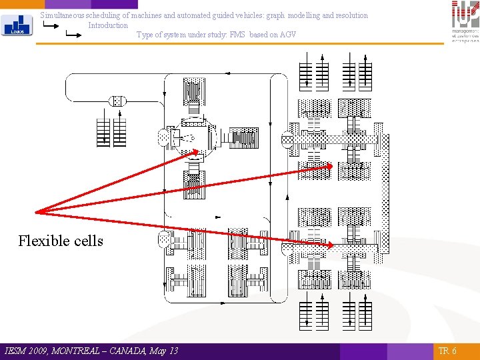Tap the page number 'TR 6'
447,351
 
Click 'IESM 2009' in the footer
24,351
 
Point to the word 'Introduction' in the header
108,25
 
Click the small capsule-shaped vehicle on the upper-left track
117,101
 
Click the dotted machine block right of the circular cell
244,138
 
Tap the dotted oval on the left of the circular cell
164,138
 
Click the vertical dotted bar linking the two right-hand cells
383,193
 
